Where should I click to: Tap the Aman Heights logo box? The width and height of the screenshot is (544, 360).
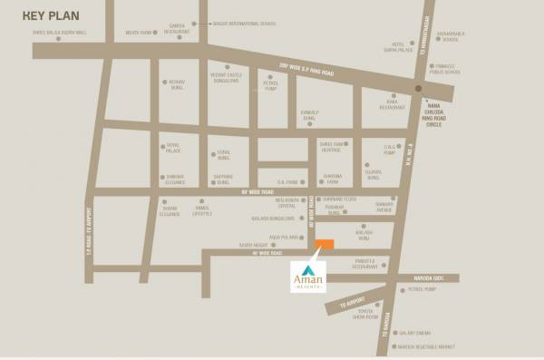pyautogui.click(x=308, y=276)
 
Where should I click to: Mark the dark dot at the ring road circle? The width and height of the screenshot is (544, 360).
pyautogui.click(x=418, y=89)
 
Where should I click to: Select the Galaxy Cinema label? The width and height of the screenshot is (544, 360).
pyautogui.click(x=415, y=333)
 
